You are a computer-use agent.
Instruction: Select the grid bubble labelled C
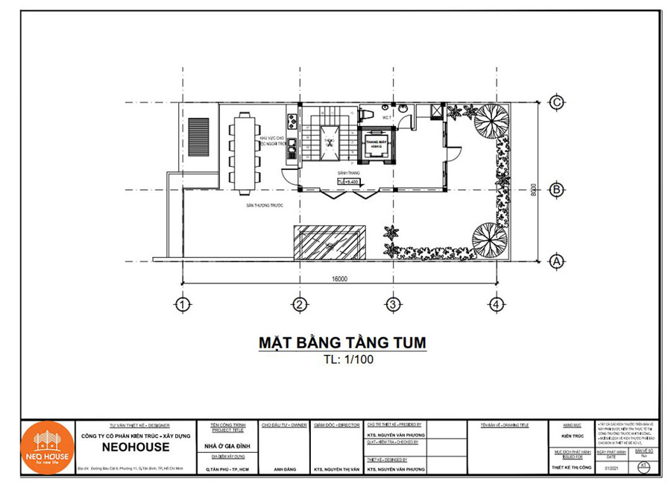tap(555, 103)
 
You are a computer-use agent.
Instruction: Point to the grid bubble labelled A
tap(555, 261)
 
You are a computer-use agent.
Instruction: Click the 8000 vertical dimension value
tap(534, 190)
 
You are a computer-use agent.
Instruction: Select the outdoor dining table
tap(245, 150)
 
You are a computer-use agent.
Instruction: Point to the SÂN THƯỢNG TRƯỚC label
tap(260, 204)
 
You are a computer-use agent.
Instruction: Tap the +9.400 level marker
tap(348, 181)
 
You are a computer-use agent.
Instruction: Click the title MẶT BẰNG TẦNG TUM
tap(342, 342)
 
